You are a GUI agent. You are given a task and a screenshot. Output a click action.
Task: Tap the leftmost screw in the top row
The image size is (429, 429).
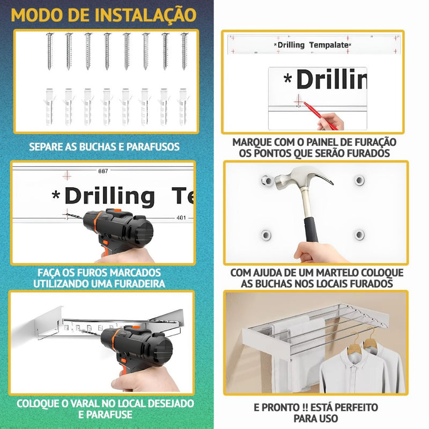49,51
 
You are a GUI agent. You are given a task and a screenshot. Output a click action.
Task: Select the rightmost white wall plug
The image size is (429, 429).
183,107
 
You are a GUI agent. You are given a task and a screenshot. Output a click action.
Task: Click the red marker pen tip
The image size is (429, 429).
306,103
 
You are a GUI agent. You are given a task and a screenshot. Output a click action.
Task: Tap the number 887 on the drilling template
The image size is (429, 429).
103,171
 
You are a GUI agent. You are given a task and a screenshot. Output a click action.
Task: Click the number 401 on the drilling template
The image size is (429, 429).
181,218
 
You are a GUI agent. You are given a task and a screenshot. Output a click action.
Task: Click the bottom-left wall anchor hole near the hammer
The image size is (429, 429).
265,235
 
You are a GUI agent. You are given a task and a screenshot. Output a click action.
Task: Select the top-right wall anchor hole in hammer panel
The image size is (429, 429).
359,180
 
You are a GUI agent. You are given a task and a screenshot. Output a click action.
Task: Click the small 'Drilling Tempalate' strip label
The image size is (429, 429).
313,45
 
